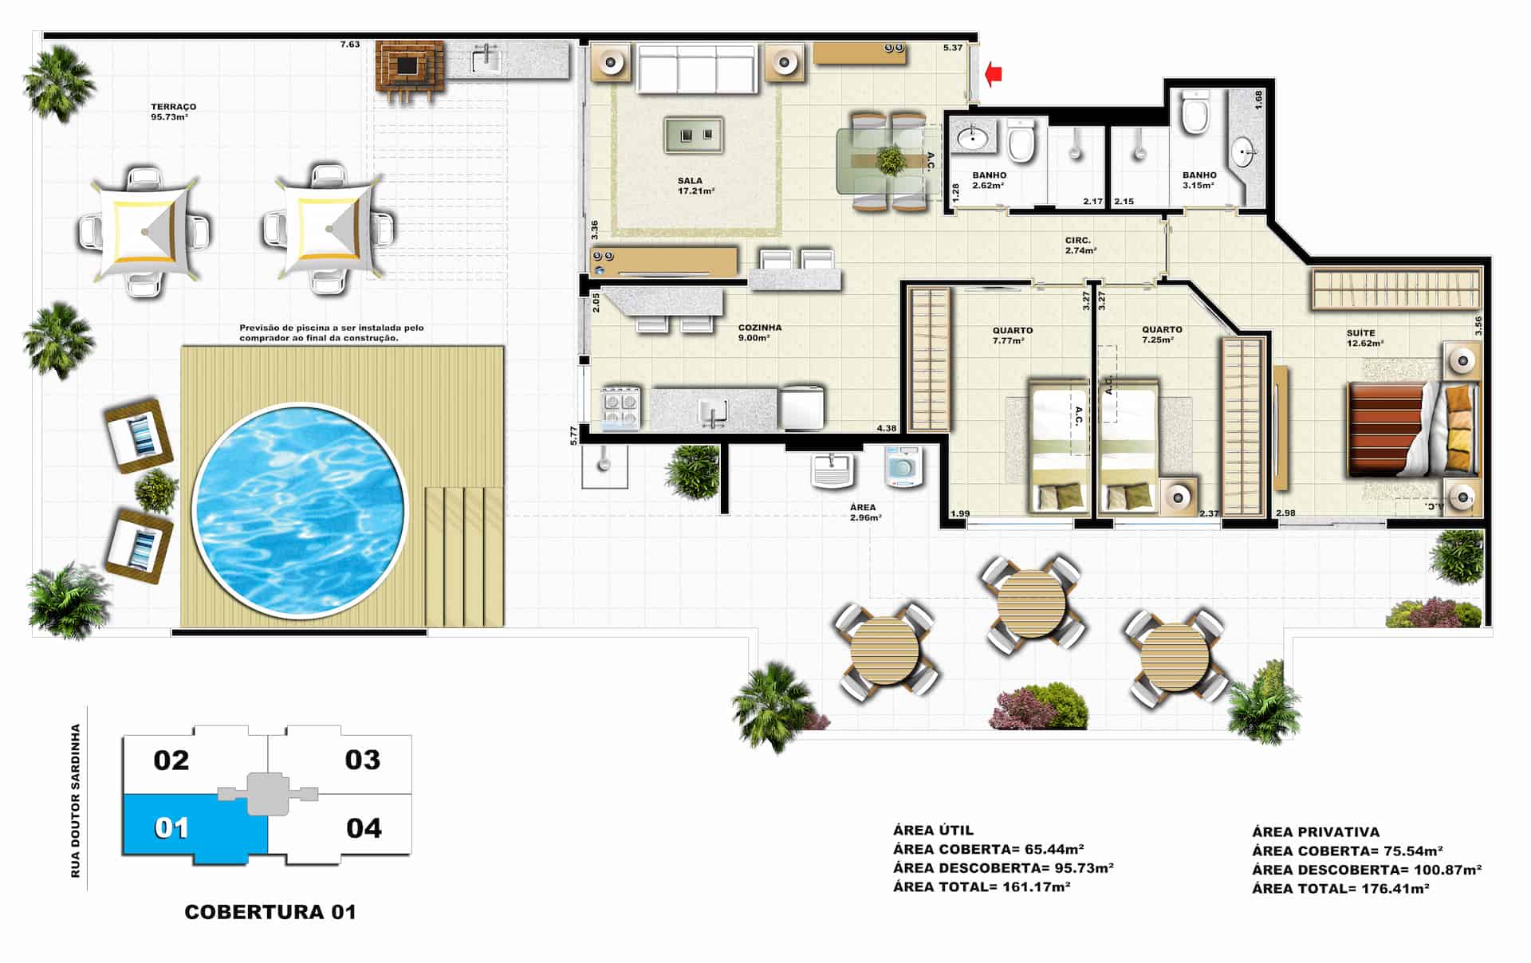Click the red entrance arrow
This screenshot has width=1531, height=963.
click(994, 74)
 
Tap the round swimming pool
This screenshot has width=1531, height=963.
click(300, 510)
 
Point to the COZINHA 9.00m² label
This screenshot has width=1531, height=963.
click(759, 332)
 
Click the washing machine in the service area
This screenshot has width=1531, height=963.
click(903, 466)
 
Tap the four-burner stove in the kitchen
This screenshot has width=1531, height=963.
click(620, 407)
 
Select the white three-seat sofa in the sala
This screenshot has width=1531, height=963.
click(697, 69)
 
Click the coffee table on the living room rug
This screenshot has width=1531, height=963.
click(695, 135)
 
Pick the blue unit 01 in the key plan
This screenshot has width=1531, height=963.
click(195, 828)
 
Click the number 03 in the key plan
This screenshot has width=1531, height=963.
click(362, 760)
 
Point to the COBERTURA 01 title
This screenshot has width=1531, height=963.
click(270, 912)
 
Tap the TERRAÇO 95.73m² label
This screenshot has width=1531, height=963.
click(173, 112)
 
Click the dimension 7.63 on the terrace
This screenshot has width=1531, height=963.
click(350, 45)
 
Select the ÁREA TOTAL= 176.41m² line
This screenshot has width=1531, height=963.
click(1340, 888)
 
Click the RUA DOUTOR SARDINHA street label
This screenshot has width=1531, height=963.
click(76, 800)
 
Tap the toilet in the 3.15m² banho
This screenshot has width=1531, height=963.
click(1195, 113)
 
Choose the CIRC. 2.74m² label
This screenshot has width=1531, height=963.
click(1080, 246)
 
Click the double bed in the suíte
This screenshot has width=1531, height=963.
click(1412, 430)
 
